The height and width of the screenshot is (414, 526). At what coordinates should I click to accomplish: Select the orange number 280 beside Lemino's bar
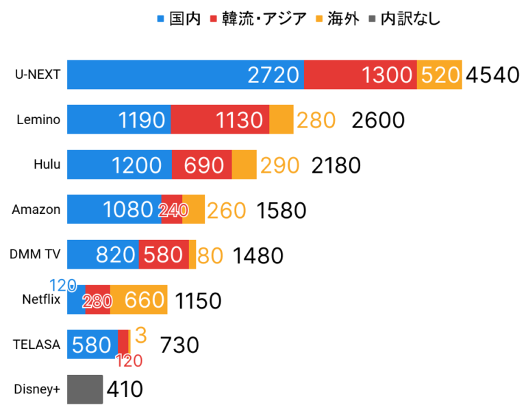pyautogui.click(x=316, y=121)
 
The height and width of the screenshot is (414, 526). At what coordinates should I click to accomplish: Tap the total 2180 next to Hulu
pyautogui.click(x=336, y=165)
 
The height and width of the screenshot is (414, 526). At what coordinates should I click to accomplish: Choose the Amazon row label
pyautogui.click(x=36, y=210)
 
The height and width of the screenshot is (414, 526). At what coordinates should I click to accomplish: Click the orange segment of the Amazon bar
pyautogui.click(x=194, y=210)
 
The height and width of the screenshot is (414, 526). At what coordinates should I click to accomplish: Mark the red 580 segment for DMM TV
pyautogui.click(x=164, y=255)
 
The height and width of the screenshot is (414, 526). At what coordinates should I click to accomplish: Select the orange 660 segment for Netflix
pyautogui.click(x=139, y=300)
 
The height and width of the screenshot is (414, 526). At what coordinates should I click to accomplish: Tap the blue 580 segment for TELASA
pyautogui.click(x=92, y=344)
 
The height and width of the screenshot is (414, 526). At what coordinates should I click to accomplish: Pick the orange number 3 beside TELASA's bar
pyautogui.click(x=140, y=336)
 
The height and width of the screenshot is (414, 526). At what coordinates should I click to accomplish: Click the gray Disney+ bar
pyautogui.click(x=85, y=389)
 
